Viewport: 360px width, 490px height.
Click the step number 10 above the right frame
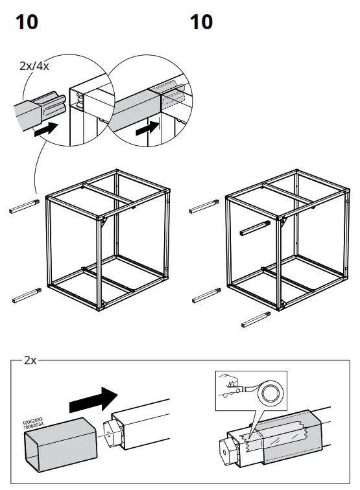(x=201, y=22)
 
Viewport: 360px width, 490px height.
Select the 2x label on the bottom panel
(x=30, y=360)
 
